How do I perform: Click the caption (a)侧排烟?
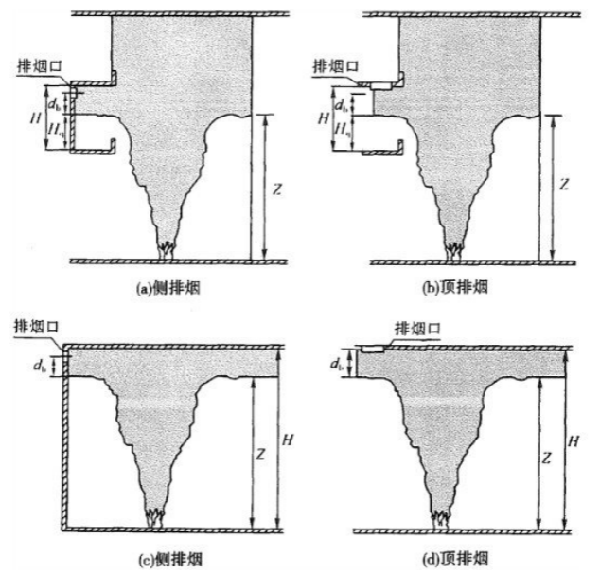pyautogui.click(x=168, y=288)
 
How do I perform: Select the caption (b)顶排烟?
pyautogui.click(x=456, y=287)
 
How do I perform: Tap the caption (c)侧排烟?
pyautogui.click(x=169, y=560)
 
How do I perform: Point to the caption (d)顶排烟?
pyautogui.click(x=456, y=559)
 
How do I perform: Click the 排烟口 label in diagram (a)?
pyautogui.click(x=40, y=66)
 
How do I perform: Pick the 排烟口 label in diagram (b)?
pyautogui.click(x=336, y=66)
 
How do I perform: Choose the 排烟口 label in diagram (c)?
pyautogui.click(x=36, y=327)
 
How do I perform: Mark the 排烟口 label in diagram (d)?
pyautogui.click(x=418, y=329)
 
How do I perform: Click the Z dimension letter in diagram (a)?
pyautogui.click(x=276, y=189)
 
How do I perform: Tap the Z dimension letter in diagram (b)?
pyautogui.click(x=564, y=185)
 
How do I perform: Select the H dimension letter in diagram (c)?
pyautogui.click(x=288, y=440)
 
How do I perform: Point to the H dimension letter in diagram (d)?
pyautogui.click(x=574, y=441)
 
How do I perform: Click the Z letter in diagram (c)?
pyautogui.click(x=260, y=455)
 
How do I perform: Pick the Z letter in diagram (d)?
pyautogui.click(x=547, y=458)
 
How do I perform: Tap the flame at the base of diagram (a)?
pyautogui.click(x=167, y=249)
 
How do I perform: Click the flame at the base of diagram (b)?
pyautogui.click(x=455, y=250)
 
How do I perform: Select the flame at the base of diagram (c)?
pyautogui.click(x=155, y=517)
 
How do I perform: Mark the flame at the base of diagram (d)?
pyautogui.click(x=441, y=518)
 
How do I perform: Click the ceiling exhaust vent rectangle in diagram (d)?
pyautogui.click(x=373, y=349)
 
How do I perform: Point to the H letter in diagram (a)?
pyautogui.click(x=36, y=118)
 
